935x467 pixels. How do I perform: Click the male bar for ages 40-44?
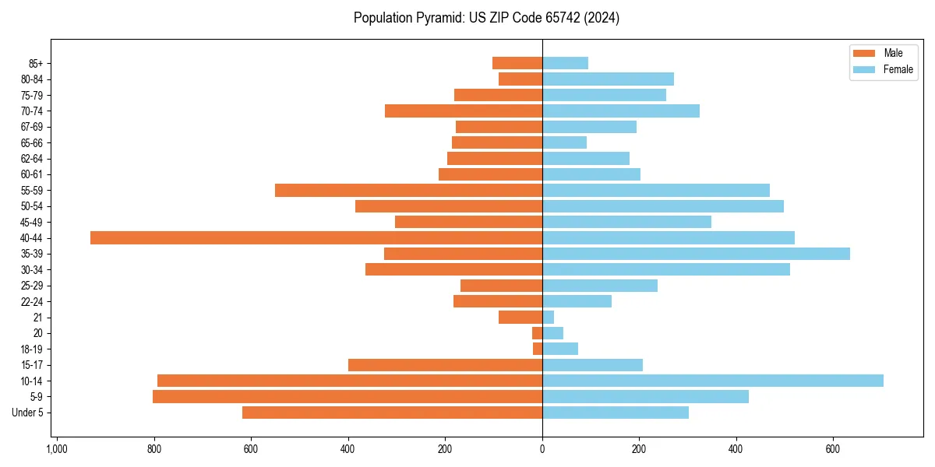[316, 237]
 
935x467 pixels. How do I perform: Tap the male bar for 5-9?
[347, 396]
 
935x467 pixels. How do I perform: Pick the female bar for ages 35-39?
[695, 254]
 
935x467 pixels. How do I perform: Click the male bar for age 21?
[520, 317]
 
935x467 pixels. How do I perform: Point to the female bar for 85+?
[565, 63]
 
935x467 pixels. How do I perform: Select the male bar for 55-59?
[408, 190]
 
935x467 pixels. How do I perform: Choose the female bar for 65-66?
[564, 142]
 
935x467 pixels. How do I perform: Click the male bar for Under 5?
[392, 413]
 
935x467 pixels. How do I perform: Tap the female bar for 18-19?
[559, 349]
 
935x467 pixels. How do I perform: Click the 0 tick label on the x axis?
[542, 449]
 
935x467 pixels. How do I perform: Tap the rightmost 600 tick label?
[833, 449]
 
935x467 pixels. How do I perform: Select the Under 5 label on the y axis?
[27, 413]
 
